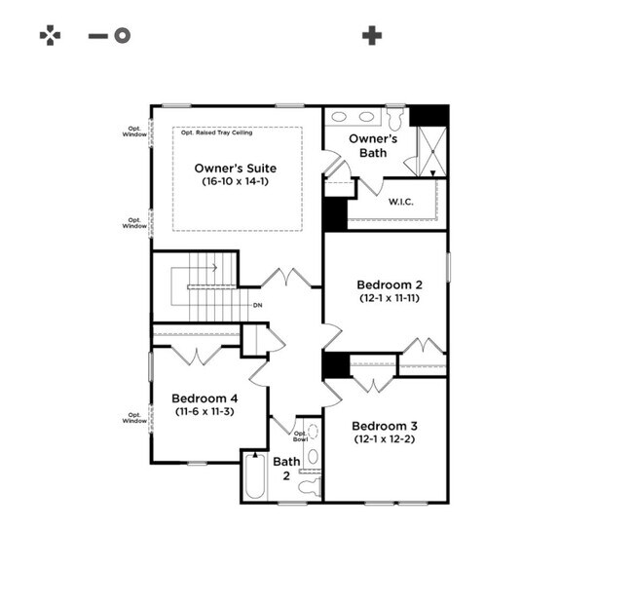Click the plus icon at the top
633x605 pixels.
[372, 35]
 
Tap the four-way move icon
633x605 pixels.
[50, 35]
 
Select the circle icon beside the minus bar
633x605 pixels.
[122, 35]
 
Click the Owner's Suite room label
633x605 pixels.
[236, 168]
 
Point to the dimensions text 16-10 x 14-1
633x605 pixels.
[236, 181]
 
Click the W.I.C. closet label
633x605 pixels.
[401, 202]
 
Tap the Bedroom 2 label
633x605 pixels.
[390, 284]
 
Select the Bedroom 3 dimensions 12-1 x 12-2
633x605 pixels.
[385, 439]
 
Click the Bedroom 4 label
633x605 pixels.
[205, 398]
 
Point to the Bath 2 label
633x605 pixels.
[286, 469]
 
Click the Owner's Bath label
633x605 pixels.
[373, 146]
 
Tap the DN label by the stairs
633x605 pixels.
[257, 305]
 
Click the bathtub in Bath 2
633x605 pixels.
[255, 476]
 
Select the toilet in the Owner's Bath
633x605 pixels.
[395, 117]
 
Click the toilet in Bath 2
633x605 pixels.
[310, 486]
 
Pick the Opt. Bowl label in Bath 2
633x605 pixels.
[300, 436]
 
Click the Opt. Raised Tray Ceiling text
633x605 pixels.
[217, 132]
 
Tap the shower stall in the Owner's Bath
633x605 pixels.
[432, 151]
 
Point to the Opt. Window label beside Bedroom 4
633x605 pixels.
[134, 418]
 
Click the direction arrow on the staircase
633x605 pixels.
[194, 268]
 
